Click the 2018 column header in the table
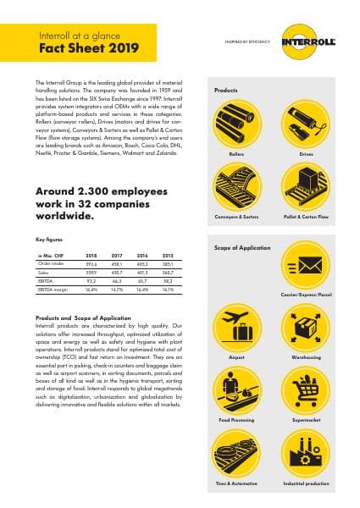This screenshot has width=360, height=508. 92,254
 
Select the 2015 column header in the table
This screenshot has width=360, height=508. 166,254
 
